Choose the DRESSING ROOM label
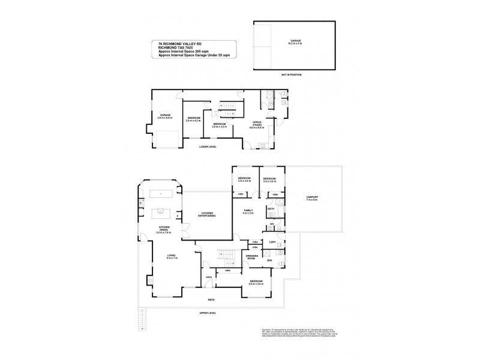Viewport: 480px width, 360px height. click(252, 257)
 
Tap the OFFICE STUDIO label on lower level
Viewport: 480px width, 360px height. click(257, 125)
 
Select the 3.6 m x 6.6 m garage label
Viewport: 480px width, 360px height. click(165, 116)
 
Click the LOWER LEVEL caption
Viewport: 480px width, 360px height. click(209, 146)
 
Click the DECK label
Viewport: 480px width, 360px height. click(211, 299)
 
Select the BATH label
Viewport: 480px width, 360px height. click(271, 209)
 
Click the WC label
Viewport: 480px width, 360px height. click(271, 224)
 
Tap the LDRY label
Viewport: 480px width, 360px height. click(272, 242)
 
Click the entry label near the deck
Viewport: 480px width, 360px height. click(208, 277)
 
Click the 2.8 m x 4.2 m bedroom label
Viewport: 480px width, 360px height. click(193, 119)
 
